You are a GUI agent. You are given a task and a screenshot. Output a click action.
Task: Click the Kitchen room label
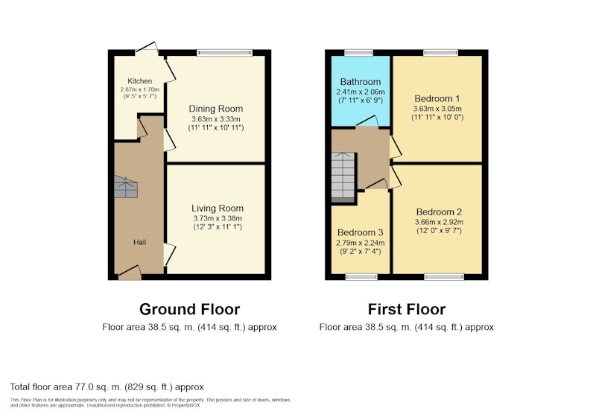point(140,81)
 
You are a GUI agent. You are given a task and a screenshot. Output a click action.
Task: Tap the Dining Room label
point(216,109)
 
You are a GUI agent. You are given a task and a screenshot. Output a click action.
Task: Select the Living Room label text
point(218,208)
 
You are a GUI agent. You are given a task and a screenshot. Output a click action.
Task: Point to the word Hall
point(140,242)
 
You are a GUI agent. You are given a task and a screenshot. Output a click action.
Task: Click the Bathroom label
point(361,82)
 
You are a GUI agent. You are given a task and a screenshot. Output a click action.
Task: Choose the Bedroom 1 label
point(437,99)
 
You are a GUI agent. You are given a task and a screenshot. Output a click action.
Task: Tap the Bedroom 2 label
point(439,212)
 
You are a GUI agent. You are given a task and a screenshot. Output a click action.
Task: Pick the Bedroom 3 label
point(361,232)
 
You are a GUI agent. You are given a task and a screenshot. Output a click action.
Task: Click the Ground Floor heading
point(190,309)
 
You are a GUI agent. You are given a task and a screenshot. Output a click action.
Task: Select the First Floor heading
point(407,309)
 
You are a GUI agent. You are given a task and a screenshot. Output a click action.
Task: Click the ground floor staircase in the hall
point(126,187)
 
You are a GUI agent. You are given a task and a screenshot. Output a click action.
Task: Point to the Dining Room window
point(225,53)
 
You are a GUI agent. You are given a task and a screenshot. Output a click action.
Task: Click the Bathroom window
point(359,53)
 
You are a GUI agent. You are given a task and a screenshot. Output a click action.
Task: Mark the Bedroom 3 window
point(361,277)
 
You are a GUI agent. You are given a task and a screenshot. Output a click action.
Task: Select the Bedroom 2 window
point(444,277)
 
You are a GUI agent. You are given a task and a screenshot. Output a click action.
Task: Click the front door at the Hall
point(130,273)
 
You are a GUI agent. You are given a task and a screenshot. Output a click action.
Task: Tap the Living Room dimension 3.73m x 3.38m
point(218,218)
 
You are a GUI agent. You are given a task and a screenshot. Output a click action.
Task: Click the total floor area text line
point(107,387)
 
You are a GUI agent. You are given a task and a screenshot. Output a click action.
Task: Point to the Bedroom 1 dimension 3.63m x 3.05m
point(437,109)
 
